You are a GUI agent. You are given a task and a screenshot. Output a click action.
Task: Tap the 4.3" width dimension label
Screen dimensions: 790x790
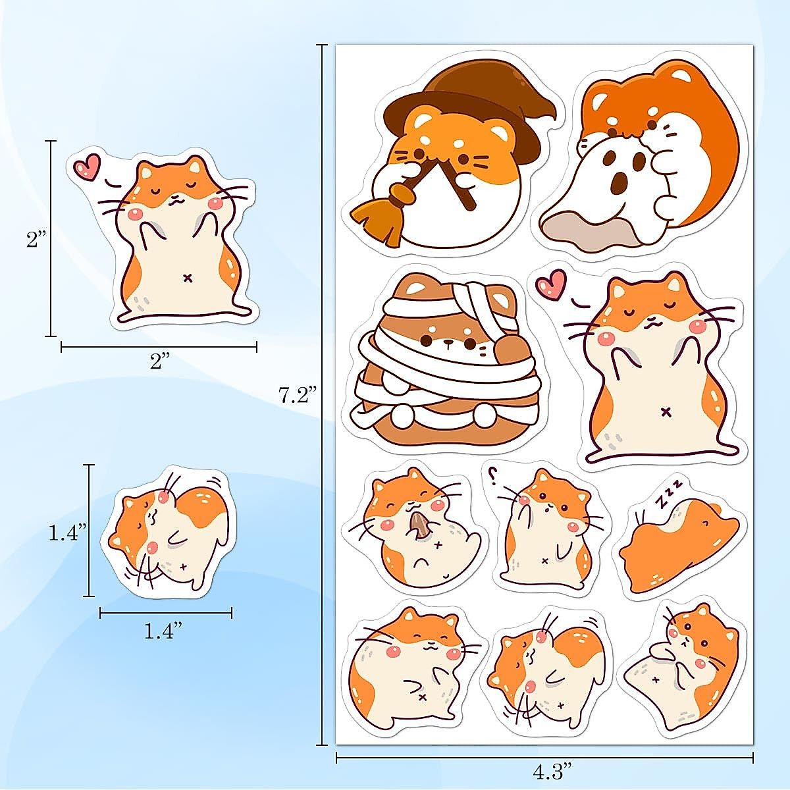click(x=544, y=766)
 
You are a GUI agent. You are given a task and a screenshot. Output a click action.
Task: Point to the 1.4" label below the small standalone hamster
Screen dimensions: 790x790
click(x=163, y=631)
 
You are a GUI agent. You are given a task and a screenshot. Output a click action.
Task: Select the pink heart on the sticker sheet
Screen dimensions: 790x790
click(x=551, y=284)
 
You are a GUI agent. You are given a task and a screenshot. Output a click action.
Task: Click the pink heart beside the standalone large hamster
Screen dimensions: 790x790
click(x=86, y=167)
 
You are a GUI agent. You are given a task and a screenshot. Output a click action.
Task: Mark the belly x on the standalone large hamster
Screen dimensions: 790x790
click(x=188, y=277)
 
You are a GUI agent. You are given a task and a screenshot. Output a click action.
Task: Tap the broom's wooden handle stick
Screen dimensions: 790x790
click(x=454, y=184)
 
